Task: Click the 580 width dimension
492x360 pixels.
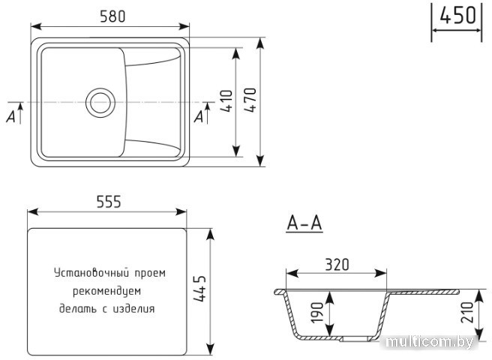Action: tap(112, 16)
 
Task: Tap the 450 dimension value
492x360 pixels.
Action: tap(457, 16)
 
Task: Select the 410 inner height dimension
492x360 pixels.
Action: tap(226, 101)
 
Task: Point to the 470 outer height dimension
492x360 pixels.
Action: tap(250, 100)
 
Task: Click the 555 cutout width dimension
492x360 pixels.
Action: tap(109, 202)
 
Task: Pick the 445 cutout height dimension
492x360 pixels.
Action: tap(199, 289)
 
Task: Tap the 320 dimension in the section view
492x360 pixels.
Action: tap(337, 265)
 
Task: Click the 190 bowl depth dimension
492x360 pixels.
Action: tap(316, 312)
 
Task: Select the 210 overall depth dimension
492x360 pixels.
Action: tap(467, 312)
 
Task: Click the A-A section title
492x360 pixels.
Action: tap(304, 223)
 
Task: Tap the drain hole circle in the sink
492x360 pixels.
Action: tap(100, 103)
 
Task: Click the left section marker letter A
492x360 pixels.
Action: tap(11, 117)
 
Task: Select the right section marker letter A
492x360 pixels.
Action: tap(199, 117)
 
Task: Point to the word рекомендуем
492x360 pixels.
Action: tap(107, 291)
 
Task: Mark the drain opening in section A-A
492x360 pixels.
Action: tap(356, 339)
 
